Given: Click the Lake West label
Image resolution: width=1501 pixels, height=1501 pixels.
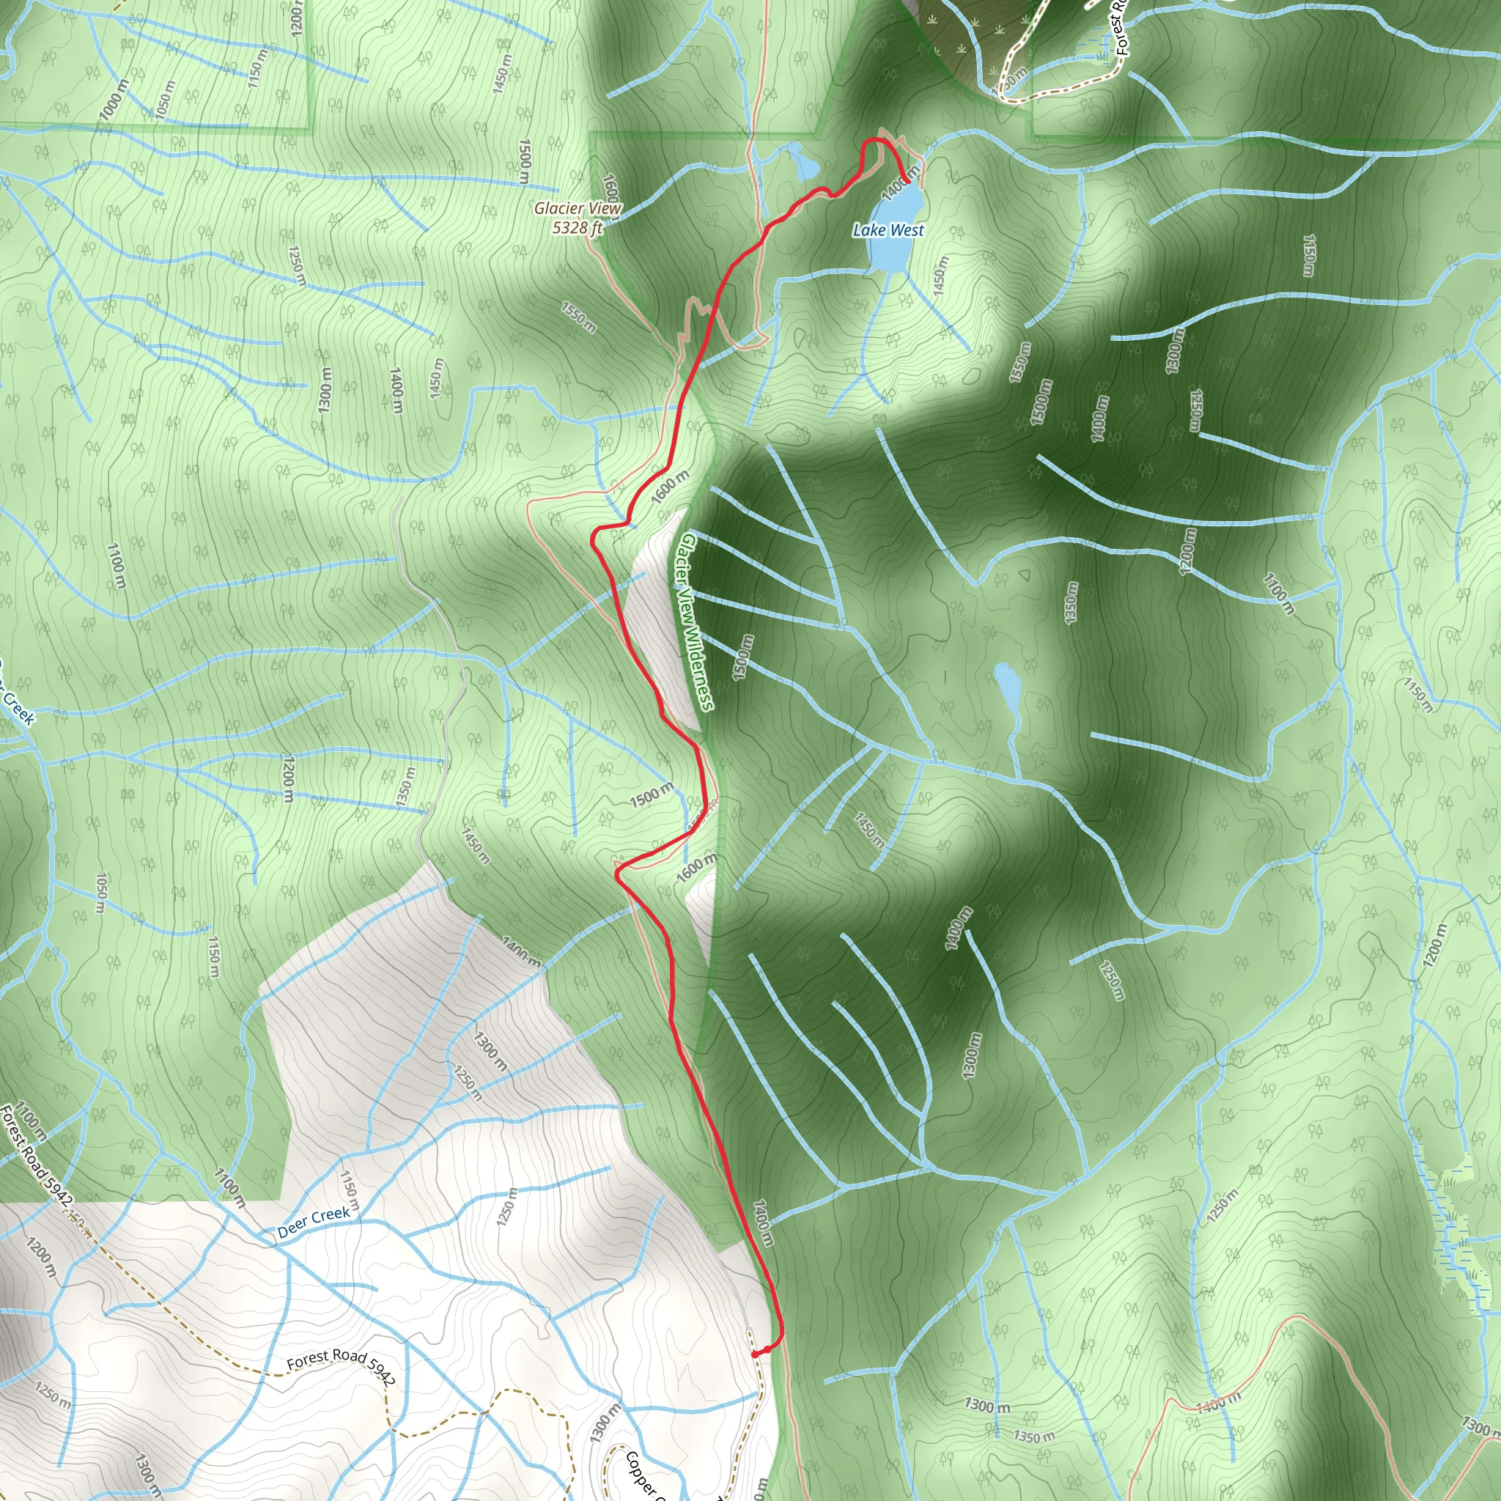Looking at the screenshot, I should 889,230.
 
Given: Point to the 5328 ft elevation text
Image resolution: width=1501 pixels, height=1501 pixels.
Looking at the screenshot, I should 578,228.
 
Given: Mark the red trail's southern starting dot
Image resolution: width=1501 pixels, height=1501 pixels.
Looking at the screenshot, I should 755,1354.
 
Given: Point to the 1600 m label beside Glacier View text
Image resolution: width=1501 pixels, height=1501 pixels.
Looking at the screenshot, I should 611,188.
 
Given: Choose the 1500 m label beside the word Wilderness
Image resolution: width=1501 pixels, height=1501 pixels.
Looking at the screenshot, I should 742,657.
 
